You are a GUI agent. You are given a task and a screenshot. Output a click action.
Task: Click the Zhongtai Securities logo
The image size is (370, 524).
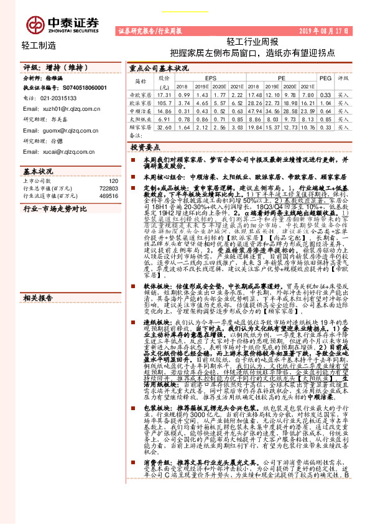[x=62, y=24]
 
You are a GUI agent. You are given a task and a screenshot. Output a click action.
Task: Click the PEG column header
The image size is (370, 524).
[x=325, y=78]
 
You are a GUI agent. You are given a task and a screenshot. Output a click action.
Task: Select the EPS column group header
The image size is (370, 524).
[x=203, y=78]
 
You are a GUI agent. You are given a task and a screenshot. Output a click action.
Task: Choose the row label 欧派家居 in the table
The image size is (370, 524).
[x=141, y=102]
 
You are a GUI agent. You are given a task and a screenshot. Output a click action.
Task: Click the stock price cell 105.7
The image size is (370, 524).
[x=164, y=102]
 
